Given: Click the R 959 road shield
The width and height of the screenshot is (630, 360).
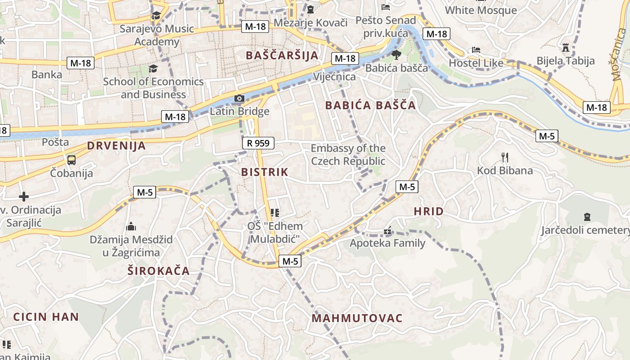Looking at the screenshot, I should (258, 143).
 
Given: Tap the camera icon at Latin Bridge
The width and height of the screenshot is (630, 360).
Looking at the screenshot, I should (239, 99).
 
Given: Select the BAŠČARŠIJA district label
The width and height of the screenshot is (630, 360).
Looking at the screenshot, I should (282, 55).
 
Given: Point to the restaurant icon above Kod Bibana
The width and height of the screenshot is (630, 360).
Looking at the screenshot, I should (505, 157).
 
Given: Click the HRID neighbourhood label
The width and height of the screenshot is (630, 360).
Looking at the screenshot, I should (428, 211).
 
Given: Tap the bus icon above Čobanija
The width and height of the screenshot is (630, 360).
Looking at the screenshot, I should (71, 160).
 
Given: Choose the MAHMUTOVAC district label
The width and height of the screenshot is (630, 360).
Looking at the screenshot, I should (357, 318).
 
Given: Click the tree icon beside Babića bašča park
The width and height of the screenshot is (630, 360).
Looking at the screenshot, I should (396, 55).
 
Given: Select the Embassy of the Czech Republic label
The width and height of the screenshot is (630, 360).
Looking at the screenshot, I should (348, 154).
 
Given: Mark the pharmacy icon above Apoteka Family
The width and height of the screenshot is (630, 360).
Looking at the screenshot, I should (387, 231).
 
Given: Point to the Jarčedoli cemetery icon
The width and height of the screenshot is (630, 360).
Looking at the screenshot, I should (587, 217).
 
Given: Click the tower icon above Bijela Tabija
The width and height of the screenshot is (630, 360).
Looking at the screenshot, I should (566, 47).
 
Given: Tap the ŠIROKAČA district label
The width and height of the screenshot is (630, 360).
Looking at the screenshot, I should (158, 271).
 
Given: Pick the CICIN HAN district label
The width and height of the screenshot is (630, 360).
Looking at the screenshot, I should (46, 316).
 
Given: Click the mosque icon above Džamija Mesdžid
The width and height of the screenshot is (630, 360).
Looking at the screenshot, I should (131, 226).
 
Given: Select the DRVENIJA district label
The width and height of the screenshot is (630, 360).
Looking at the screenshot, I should (117, 145).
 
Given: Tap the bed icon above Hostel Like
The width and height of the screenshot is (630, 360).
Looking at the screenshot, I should (476, 49).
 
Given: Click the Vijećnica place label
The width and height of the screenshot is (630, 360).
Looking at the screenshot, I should (334, 76).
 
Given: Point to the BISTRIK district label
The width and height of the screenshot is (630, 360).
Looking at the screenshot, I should (265, 172).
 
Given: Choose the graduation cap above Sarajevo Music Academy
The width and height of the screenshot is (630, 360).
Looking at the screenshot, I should (156, 16).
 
